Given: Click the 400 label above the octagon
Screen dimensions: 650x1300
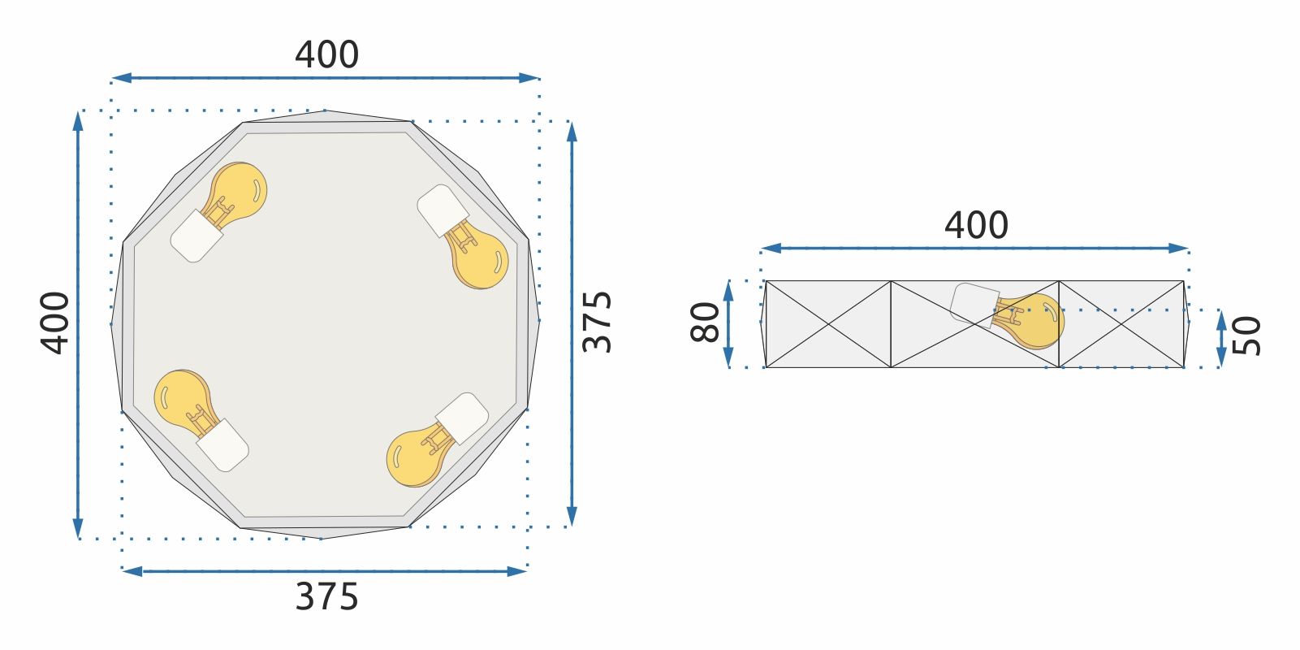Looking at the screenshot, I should point(326,55).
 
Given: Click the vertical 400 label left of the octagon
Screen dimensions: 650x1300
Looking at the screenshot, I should point(55,323).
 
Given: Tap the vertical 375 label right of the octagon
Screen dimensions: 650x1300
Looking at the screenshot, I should point(598,322).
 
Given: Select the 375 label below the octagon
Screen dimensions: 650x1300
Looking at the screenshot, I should point(326,597).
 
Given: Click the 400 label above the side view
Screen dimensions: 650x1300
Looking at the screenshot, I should point(976,225).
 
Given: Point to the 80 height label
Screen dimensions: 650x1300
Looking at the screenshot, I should point(706,323).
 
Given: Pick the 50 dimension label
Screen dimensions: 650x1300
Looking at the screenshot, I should point(1247,336).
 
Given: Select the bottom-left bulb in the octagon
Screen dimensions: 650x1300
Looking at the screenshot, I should point(182,398).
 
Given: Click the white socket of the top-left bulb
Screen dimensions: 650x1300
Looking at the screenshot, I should point(196,236).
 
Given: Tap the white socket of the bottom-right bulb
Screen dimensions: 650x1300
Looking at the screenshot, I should point(462,418).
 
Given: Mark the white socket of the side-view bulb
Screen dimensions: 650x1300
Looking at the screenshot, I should point(973,304).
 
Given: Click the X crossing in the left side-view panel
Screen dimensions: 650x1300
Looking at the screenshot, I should point(829,324).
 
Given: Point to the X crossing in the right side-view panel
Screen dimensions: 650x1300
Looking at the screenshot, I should point(1121,324).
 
